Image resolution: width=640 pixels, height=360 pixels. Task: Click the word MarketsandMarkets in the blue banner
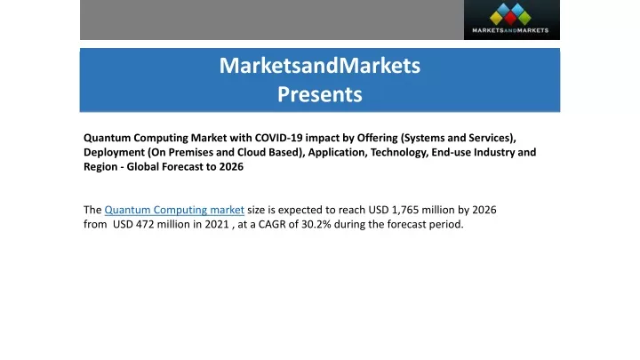[x=320, y=65]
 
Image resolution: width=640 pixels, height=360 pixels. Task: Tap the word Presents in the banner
[x=320, y=94]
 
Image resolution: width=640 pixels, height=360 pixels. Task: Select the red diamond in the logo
[x=510, y=18]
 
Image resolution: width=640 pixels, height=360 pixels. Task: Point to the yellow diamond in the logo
[x=496, y=18]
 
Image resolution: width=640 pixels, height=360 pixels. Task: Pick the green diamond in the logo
[x=524, y=18]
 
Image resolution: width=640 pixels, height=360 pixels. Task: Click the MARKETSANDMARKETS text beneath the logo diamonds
[x=510, y=30]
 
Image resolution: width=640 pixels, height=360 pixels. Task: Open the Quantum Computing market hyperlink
[x=174, y=210]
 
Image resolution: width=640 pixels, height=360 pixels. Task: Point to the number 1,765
[x=405, y=210]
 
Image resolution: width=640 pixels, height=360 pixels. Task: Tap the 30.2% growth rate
[x=316, y=224]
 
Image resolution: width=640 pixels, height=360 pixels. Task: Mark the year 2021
[x=217, y=224]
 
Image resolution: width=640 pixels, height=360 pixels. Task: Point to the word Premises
[x=191, y=152]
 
